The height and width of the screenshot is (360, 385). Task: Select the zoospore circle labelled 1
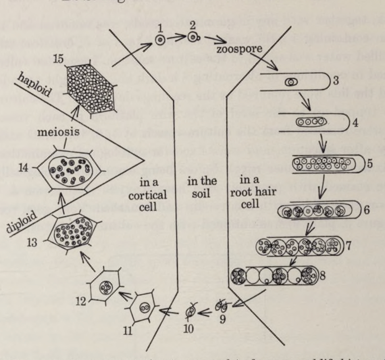158,40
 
